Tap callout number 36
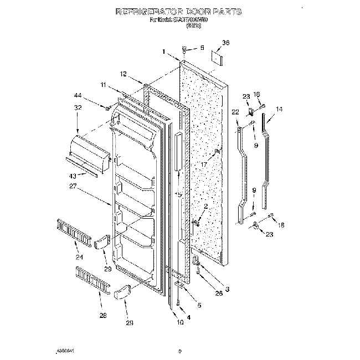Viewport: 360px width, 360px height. tap(225, 43)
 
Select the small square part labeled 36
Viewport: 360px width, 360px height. tap(217, 57)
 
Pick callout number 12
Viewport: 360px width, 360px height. tap(124, 74)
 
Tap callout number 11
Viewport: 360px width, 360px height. tap(103, 85)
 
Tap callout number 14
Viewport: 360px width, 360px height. tap(279, 110)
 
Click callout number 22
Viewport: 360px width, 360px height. tap(235, 112)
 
